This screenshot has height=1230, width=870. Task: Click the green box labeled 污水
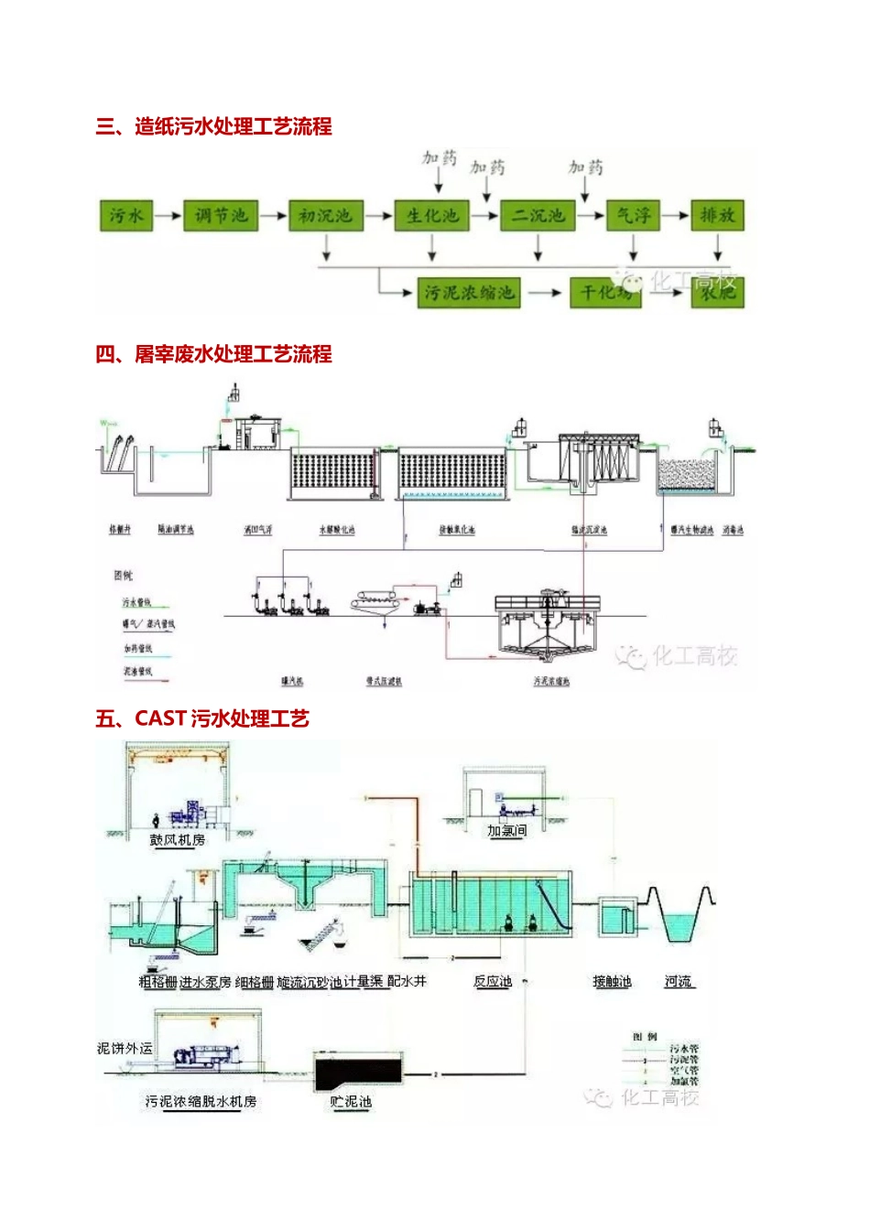(x=125, y=216)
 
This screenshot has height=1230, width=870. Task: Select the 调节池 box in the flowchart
(x=221, y=216)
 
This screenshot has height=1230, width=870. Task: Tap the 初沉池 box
(x=326, y=216)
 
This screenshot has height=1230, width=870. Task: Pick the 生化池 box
(x=432, y=216)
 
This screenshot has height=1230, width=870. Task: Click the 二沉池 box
(x=538, y=216)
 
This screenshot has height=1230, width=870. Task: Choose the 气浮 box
(x=634, y=216)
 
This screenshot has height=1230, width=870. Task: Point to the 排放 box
(x=717, y=216)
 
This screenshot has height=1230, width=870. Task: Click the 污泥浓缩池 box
(x=469, y=293)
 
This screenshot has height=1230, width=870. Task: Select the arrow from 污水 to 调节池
(x=168, y=216)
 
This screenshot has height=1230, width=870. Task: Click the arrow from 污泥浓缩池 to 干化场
(x=545, y=293)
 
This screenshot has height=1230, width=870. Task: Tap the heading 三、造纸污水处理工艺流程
(x=213, y=126)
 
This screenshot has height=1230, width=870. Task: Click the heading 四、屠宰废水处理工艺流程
(x=213, y=354)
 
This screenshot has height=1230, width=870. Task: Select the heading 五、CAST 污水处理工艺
(x=202, y=718)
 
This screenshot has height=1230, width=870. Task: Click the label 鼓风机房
(x=178, y=839)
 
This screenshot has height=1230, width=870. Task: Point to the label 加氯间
(x=506, y=830)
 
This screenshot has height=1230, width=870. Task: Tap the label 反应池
(x=493, y=981)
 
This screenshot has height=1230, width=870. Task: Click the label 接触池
(x=612, y=981)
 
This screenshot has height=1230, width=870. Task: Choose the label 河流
(x=679, y=981)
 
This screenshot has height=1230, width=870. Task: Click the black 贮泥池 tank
(x=358, y=1072)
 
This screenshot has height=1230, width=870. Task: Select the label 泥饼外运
(x=125, y=1048)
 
